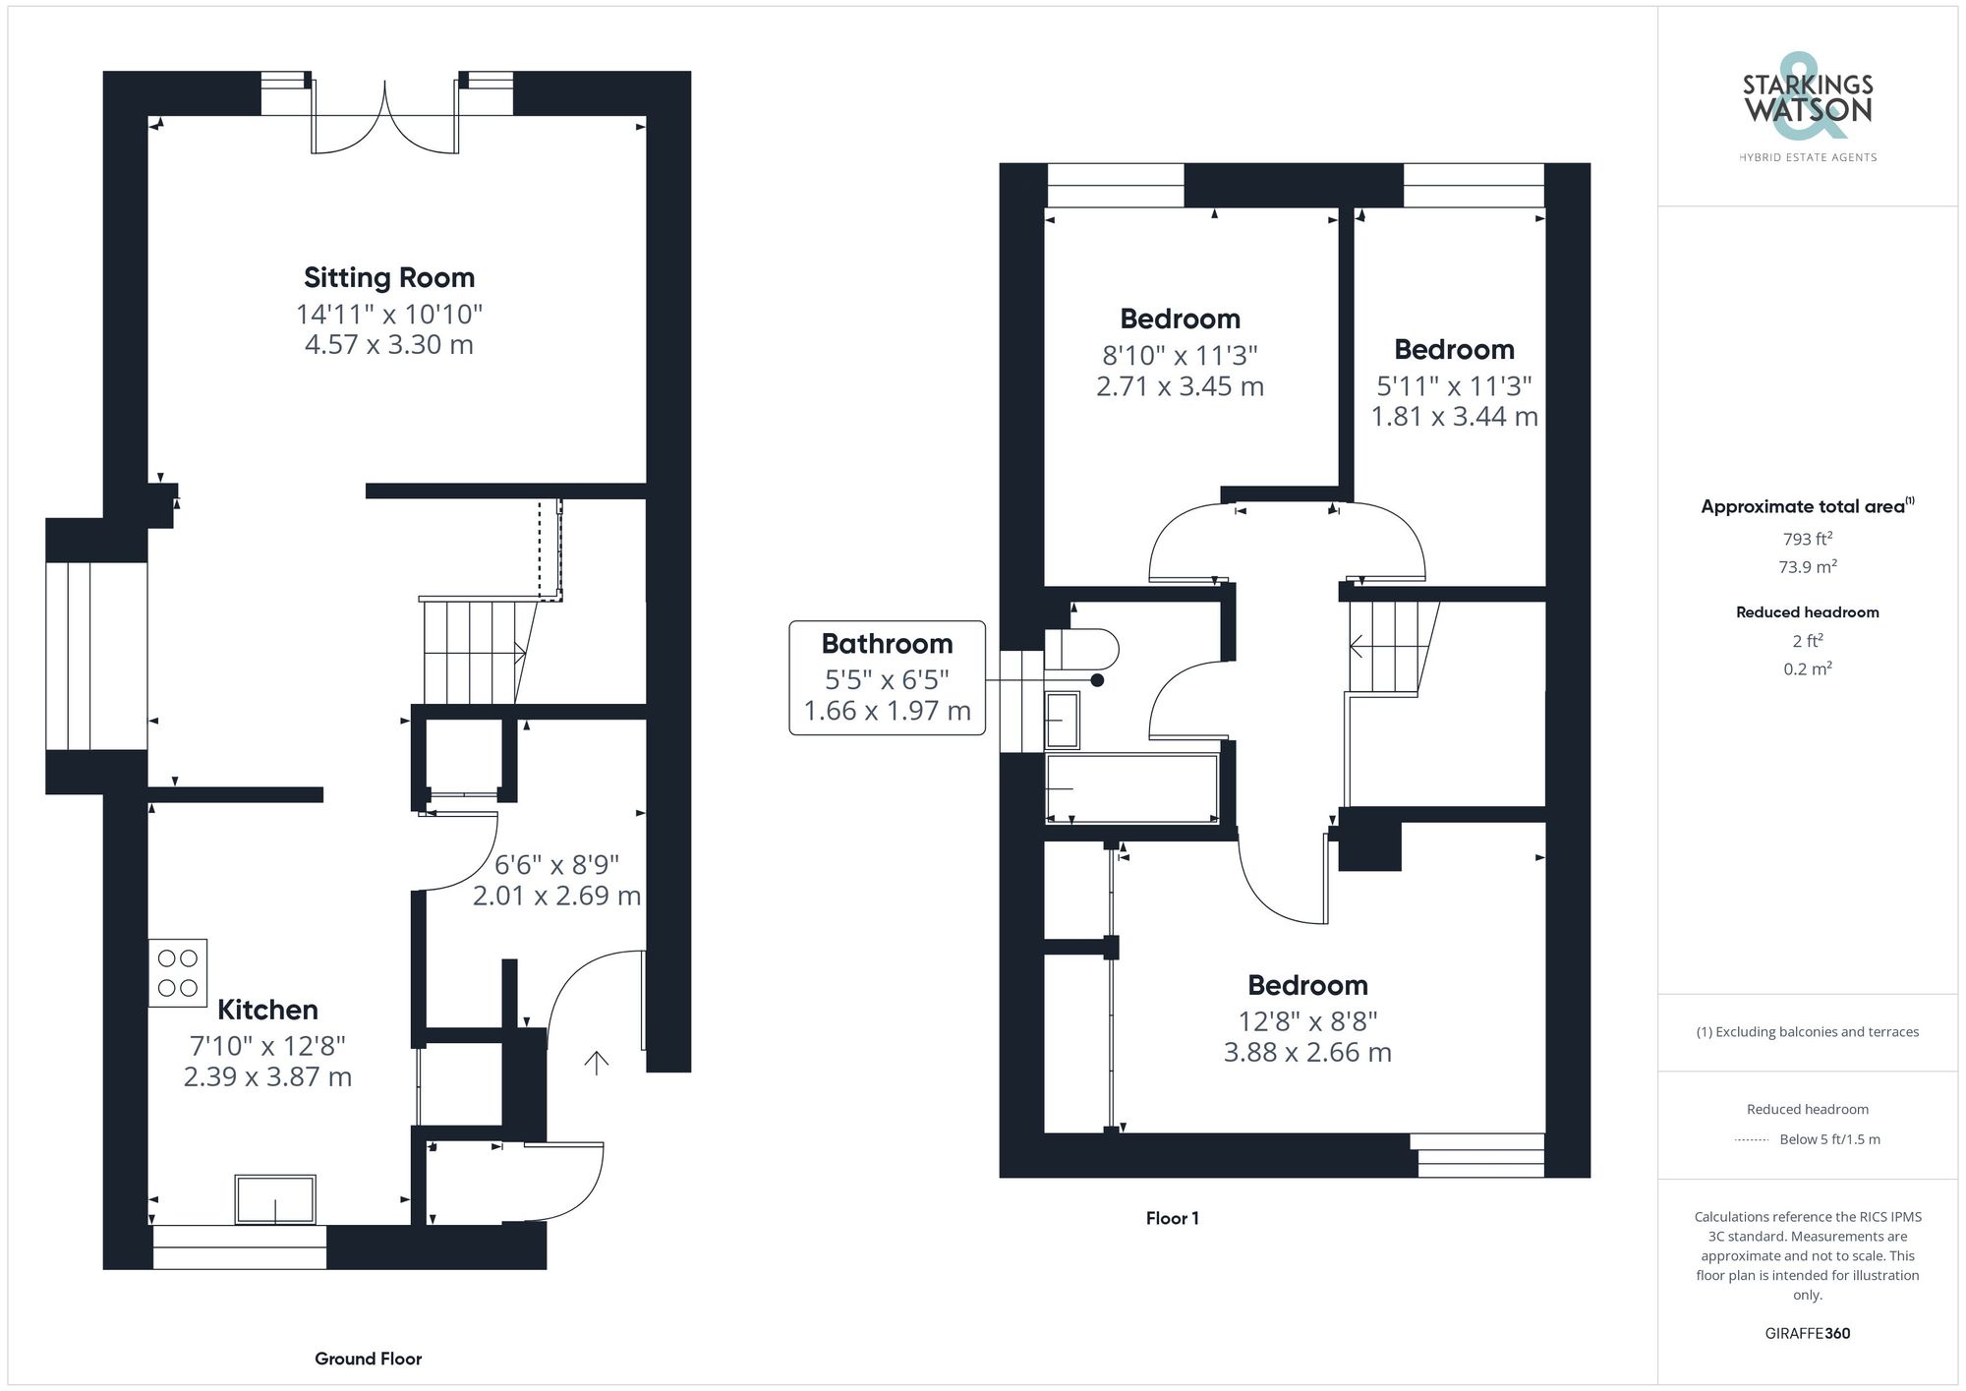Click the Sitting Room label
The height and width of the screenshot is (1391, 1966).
(388, 278)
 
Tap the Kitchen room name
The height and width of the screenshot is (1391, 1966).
(267, 1010)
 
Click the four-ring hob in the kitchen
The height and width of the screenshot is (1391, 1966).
(178, 972)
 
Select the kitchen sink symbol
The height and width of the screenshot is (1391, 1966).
(275, 1199)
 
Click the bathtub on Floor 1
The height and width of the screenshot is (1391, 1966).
(1131, 788)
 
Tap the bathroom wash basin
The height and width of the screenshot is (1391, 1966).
(1062, 720)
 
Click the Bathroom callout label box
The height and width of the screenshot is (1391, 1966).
(887, 677)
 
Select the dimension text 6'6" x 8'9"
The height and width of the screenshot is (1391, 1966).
(556, 865)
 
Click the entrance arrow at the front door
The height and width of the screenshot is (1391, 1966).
(597, 1062)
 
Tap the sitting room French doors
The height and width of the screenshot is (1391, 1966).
(385, 118)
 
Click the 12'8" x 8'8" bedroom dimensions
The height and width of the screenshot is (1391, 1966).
(1307, 1021)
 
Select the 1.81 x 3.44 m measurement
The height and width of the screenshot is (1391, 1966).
(1454, 417)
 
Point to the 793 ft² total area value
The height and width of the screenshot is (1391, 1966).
(1807, 539)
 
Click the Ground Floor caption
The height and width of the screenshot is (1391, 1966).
(368, 1359)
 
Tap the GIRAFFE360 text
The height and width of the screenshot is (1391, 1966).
(1807, 1333)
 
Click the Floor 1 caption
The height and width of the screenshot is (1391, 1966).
(1172, 1218)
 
